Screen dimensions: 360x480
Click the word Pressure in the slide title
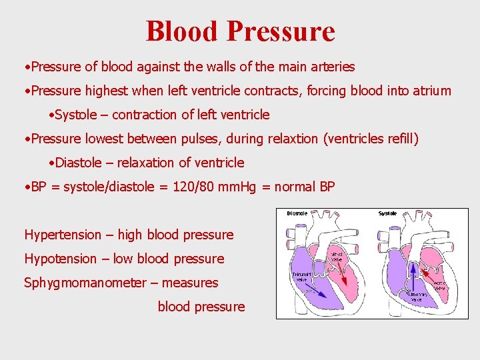pos(280,31)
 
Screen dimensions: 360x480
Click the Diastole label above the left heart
pos(297,213)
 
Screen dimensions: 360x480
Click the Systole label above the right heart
pos(387,213)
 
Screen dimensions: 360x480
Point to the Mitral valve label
pos(339,257)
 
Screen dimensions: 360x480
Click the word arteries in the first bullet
pos(333,67)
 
